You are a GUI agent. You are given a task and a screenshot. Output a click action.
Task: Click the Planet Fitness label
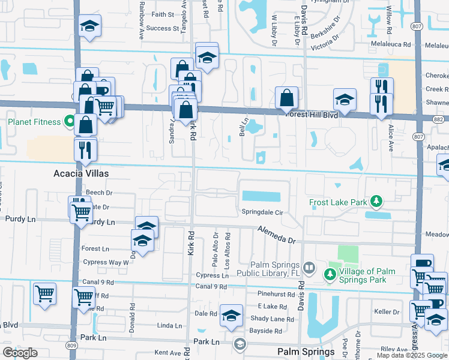34,122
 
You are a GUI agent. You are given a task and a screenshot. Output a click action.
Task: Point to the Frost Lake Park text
338,202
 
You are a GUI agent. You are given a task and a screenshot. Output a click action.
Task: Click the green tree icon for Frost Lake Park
376,200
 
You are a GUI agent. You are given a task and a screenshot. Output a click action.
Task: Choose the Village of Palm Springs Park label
367,275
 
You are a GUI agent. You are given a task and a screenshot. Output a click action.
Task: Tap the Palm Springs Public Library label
268,271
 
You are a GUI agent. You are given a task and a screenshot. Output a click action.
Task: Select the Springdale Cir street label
262,213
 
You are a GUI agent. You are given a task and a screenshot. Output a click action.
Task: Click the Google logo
20,353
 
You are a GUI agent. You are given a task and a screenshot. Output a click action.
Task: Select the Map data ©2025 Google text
412,355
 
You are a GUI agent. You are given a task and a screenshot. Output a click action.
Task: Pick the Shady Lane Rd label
273,319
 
